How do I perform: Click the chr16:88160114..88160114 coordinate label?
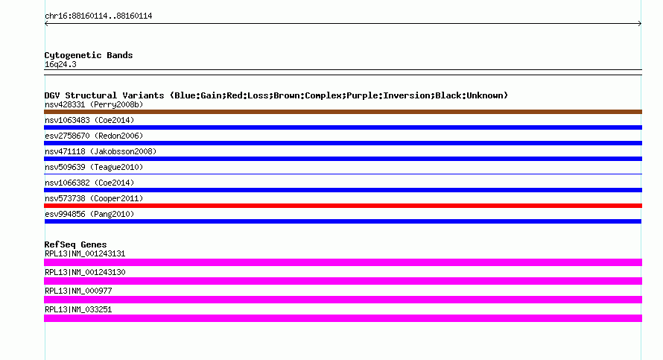98,16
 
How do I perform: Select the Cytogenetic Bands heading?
89,55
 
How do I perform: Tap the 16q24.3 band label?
60,64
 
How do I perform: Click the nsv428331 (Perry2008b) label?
94,104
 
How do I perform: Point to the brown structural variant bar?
343,112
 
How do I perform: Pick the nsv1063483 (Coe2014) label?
89,120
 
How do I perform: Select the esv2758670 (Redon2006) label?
94,136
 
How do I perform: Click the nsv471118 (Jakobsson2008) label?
101,151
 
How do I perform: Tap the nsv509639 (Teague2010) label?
94,167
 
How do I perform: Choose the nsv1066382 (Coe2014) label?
89,183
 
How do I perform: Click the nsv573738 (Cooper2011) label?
94,198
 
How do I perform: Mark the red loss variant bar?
343,206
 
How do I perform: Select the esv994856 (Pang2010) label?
89,214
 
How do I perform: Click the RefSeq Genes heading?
75,244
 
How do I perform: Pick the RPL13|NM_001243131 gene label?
85,254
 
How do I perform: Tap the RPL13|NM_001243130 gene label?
85,273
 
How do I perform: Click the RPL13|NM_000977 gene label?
78,291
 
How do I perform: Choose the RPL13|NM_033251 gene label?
78,309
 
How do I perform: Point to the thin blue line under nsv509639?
343,174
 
